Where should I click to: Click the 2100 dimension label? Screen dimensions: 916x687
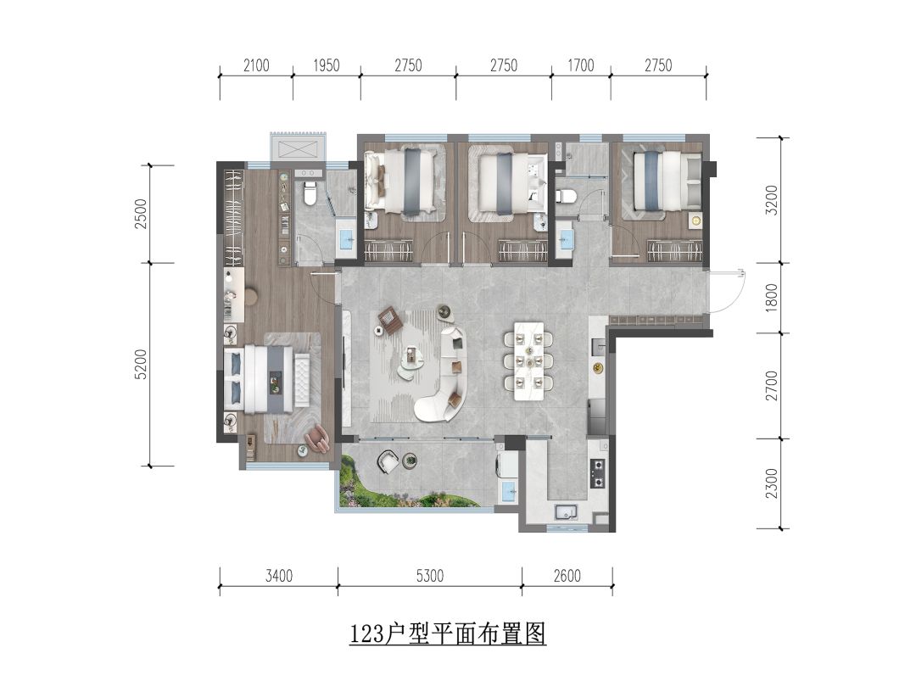256,65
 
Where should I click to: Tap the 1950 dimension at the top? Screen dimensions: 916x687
326,65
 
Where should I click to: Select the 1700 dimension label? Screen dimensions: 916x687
581,65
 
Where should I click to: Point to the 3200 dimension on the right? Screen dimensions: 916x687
772,200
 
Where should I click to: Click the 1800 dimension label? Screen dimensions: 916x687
772,298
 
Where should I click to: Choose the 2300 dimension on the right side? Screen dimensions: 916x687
772,483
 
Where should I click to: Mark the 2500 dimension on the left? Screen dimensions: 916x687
141,214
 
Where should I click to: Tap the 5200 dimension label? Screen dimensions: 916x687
141,365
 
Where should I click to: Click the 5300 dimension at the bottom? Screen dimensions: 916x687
430,576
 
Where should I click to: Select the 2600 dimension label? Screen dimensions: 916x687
567,576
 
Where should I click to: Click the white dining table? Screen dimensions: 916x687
528,361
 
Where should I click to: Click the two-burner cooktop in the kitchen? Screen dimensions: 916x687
597,473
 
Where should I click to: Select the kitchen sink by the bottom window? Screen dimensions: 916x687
566,512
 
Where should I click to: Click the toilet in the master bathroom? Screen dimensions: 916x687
310,193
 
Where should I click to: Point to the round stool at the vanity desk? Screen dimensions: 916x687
250,296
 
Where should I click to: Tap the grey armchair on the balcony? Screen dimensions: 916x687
388,461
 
